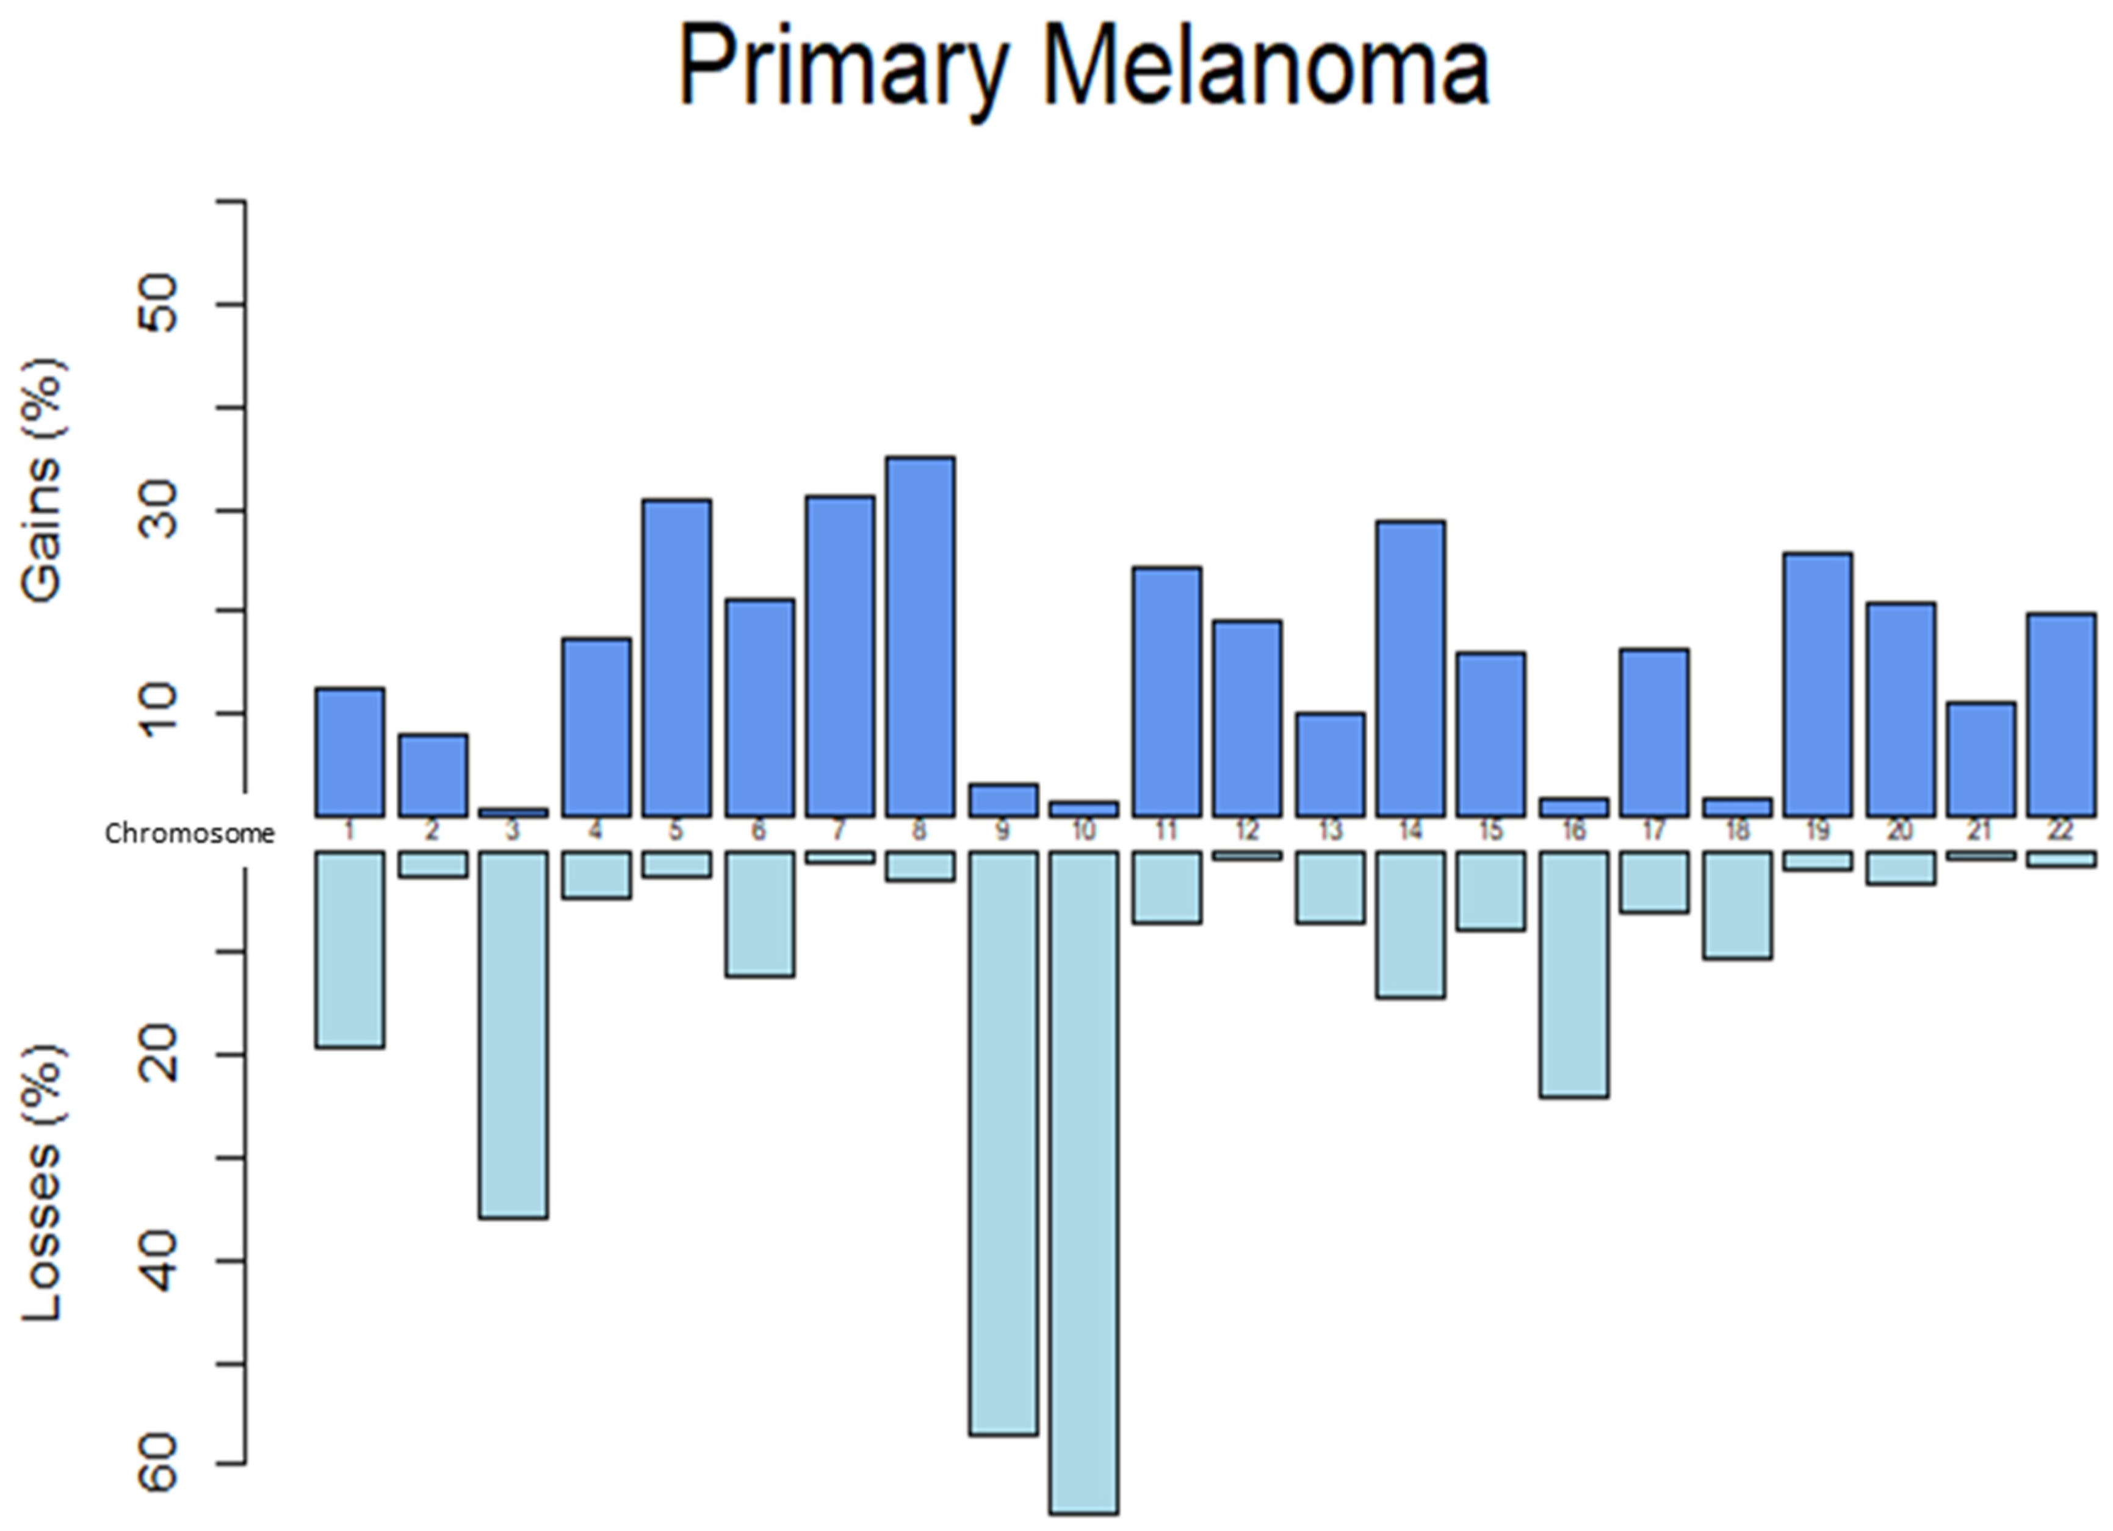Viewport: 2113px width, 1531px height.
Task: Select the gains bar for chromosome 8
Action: (920, 637)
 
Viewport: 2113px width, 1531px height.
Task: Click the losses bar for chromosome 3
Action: (513, 1034)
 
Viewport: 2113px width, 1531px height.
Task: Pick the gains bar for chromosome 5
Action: (676, 659)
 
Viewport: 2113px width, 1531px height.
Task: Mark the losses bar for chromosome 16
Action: (1573, 974)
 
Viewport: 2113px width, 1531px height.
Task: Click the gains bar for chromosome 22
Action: (2061, 715)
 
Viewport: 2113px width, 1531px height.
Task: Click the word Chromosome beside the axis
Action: (189, 834)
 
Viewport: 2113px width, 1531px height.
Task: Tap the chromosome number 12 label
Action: (1246, 830)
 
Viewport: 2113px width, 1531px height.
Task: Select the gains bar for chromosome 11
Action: (1166, 692)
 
